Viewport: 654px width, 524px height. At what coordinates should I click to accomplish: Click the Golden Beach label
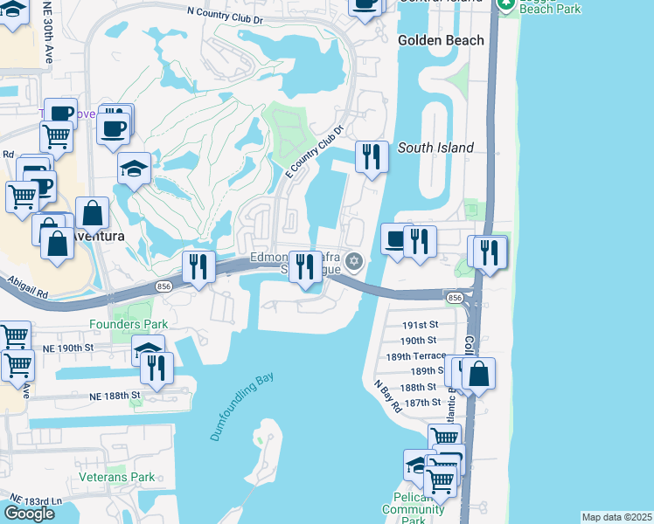pos(441,40)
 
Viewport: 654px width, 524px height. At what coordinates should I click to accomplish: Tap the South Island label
pos(435,148)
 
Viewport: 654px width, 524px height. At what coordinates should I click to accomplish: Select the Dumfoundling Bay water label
pos(241,406)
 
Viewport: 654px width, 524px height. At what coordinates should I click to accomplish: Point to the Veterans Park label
pos(116,477)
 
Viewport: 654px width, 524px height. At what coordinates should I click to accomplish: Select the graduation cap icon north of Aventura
pos(135,168)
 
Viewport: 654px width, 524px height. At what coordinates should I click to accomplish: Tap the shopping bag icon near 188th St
pos(479,373)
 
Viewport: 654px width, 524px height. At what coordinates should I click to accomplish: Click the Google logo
pos(29,513)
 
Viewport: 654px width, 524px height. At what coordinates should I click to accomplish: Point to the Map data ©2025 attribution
pos(616,517)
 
